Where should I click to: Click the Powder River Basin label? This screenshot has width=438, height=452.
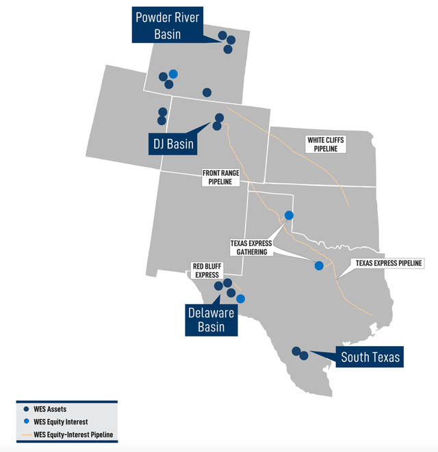click(x=167, y=25)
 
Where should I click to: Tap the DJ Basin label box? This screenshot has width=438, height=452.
click(x=171, y=144)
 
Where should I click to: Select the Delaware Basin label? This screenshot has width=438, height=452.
click(x=211, y=319)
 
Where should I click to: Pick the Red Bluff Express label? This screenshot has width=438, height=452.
click(x=206, y=271)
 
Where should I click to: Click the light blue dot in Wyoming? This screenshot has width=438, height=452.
click(x=173, y=74)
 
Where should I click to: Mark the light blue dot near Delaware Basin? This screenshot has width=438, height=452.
click(x=240, y=299)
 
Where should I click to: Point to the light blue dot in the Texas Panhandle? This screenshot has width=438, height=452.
click(x=289, y=215)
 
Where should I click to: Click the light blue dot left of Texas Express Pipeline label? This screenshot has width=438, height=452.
click(x=318, y=266)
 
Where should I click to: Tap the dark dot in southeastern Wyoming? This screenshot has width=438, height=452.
click(x=207, y=92)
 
